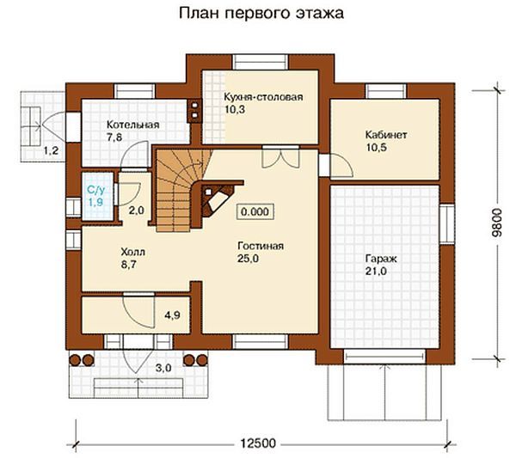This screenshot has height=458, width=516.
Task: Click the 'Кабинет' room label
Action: click(x=386, y=136)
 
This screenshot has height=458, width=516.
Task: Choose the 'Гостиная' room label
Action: click(x=261, y=246)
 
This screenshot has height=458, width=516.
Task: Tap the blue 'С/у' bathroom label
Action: click(x=92, y=189)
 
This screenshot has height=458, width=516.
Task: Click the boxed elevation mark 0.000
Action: click(x=255, y=211)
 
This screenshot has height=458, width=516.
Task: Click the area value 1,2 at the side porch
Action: click(x=52, y=151)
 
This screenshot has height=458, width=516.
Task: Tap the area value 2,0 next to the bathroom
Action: click(x=136, y=210)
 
